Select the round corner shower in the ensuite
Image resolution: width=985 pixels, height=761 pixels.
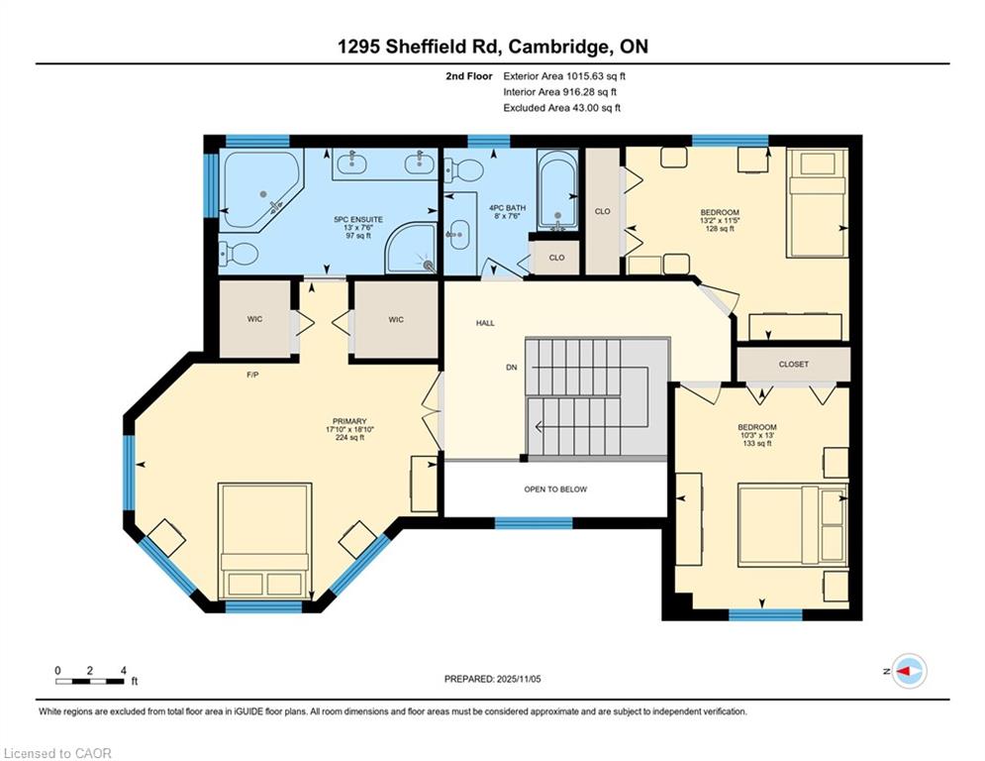tap(411, 249)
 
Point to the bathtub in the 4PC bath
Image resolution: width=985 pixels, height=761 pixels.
tap(557, 188)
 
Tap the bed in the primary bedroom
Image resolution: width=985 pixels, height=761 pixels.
tap(265, 541)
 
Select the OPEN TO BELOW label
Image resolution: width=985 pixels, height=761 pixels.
tap(555, 489)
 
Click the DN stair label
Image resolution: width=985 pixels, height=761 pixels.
tap(512, 368)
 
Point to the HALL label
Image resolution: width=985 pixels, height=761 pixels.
tap(485, 323)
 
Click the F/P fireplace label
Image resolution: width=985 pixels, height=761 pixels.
tap(252, 375)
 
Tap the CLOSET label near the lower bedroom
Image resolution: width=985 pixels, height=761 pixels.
tap(793, 364)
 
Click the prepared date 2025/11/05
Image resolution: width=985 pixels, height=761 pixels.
tap(493, 679)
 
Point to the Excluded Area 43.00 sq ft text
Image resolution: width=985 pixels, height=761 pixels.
tap(561, 108)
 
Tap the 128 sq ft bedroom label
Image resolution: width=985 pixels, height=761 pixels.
tap(720, 229)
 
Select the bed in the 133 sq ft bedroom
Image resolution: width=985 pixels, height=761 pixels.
tap(793, 524)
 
